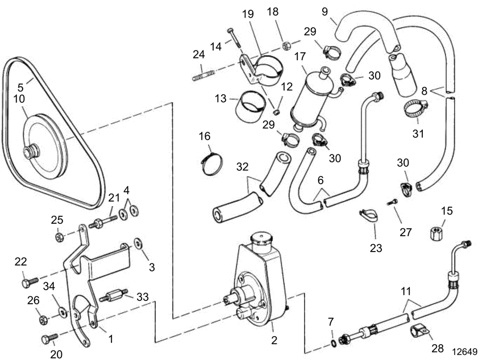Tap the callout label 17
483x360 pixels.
coord(299,57)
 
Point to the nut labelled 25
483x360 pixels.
coord(59,236)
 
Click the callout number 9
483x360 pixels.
coord(324,10)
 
